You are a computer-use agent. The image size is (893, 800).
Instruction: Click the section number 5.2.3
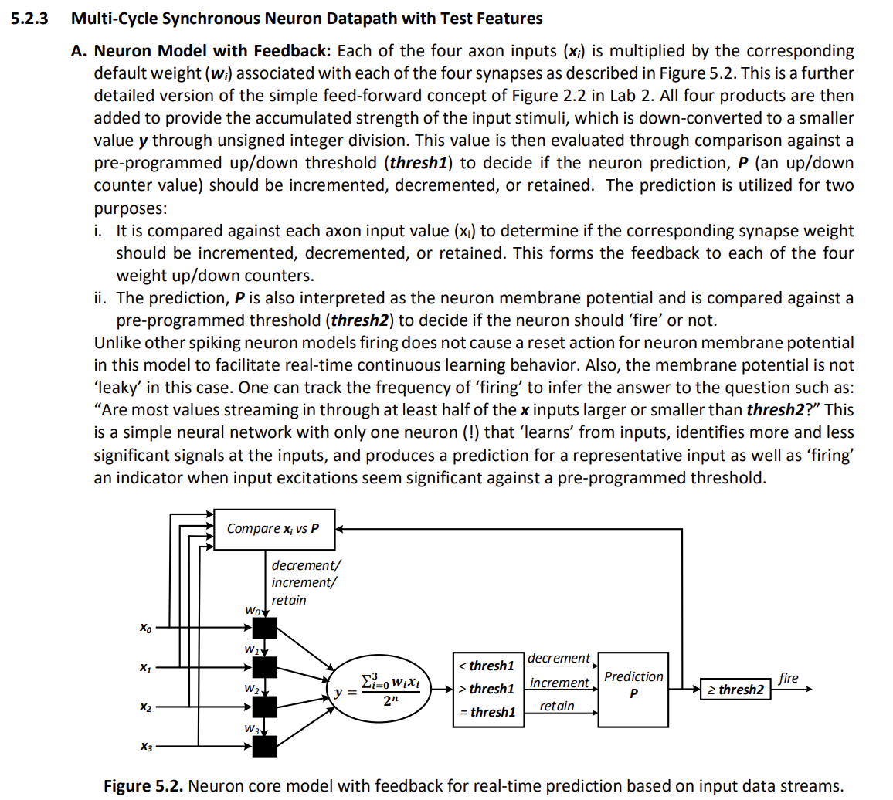coord(30,19)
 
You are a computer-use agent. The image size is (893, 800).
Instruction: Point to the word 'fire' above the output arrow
coord(788,678)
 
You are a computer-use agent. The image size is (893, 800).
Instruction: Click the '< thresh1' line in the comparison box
coord(486,665)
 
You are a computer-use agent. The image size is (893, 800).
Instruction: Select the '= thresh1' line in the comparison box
coord(486,712)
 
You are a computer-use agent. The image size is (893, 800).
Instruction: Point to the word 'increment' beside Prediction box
coord(559,683)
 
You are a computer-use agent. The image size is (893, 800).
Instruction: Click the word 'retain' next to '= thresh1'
coord(556,706)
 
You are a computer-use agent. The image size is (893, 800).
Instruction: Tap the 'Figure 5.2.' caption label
coord(144,786)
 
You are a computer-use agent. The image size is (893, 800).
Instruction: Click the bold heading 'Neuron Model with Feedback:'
coord(212,52)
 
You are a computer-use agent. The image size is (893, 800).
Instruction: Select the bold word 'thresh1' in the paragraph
coord(421,164)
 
